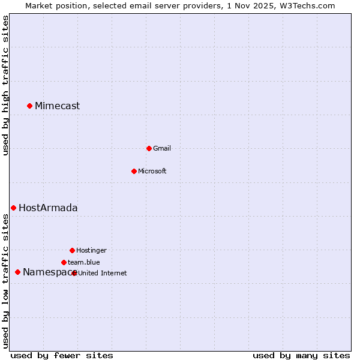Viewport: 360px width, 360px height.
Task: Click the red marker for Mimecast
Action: pos(29,106)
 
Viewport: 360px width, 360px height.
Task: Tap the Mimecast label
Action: pos(57,106)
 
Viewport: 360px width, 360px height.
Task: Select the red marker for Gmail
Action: pos(149,148)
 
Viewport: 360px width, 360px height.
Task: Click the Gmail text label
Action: pos(161,149)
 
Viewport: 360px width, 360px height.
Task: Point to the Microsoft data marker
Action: pos(134,171)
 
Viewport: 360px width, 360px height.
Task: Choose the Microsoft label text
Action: pos(152,172)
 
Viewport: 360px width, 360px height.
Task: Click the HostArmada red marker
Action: pos(13,208)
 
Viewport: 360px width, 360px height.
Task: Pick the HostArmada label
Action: pos(48,208)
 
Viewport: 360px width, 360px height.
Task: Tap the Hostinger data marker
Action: pos(72,250)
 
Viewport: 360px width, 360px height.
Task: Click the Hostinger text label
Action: pos(91,251)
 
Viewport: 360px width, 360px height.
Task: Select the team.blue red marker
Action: pos(64,262)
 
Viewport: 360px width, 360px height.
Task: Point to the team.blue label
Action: pos(83,263)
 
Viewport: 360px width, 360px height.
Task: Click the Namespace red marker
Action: pos(17,272)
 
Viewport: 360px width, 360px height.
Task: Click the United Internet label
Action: pos(103,274)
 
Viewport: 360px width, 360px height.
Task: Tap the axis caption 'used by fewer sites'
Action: pos(62,356)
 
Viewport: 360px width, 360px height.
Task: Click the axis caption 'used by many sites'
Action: pos(301,356)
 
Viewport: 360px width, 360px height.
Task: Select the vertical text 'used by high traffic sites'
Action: pos(6,86)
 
